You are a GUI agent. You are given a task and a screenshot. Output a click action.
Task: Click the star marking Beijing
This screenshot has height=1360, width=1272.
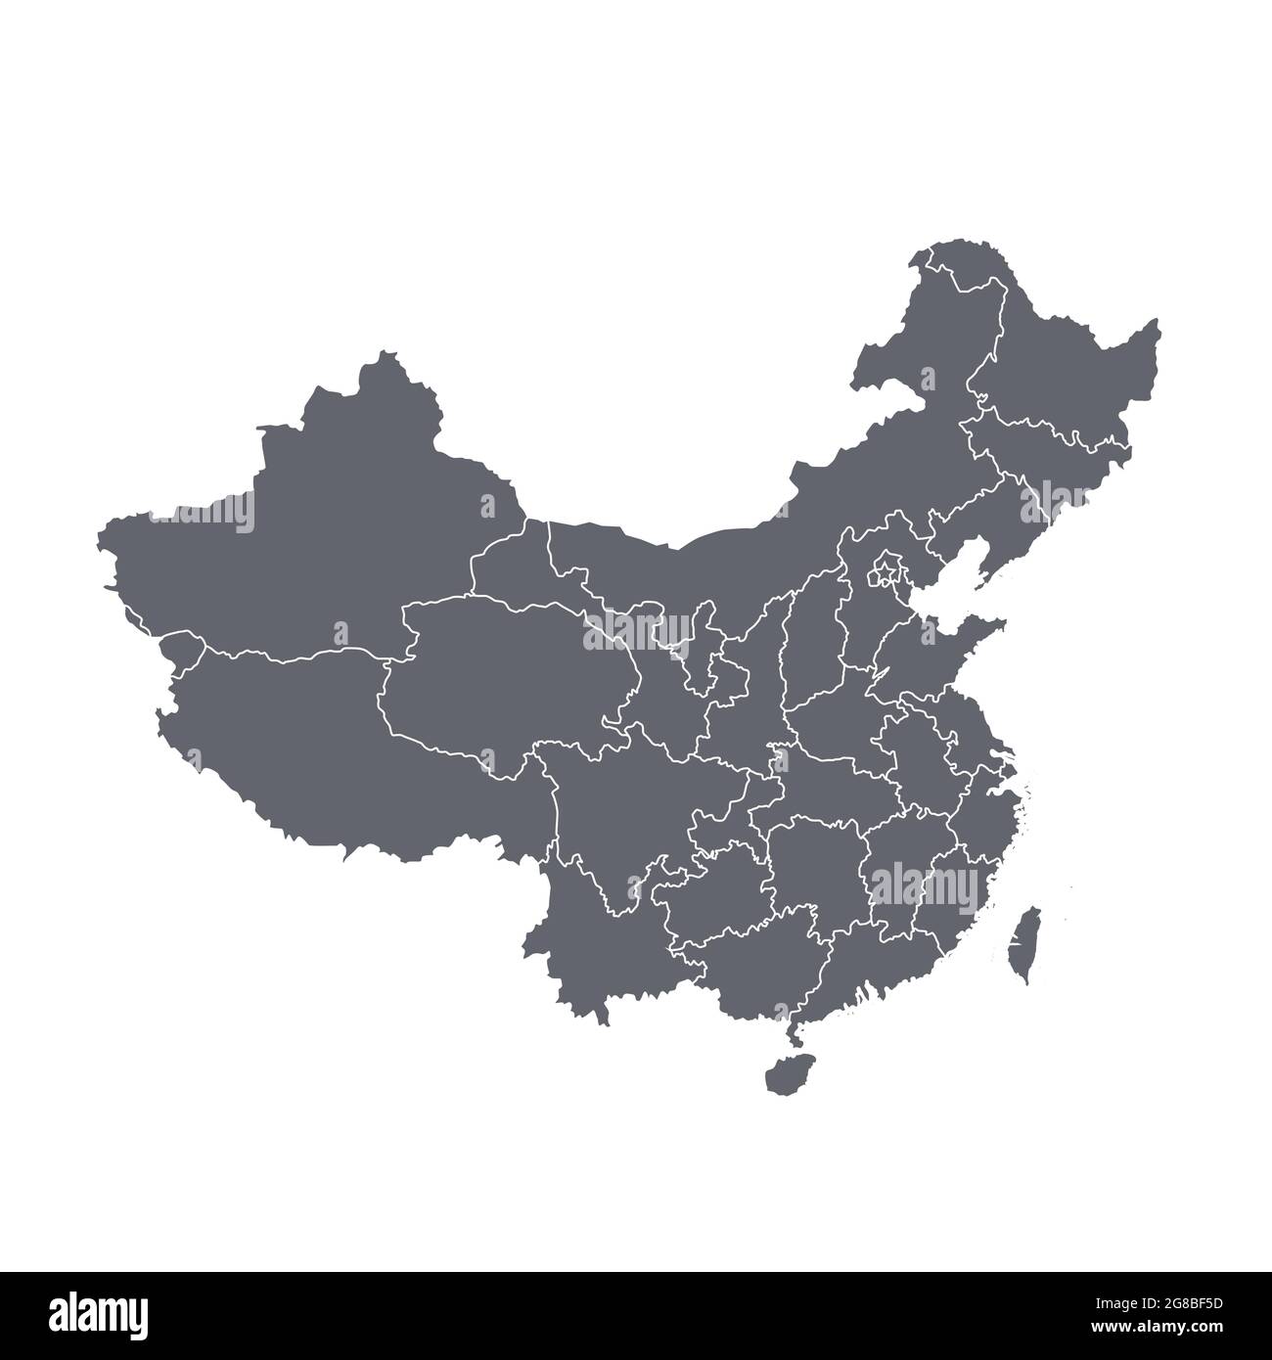pyautogui.click(x=886, y=568)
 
